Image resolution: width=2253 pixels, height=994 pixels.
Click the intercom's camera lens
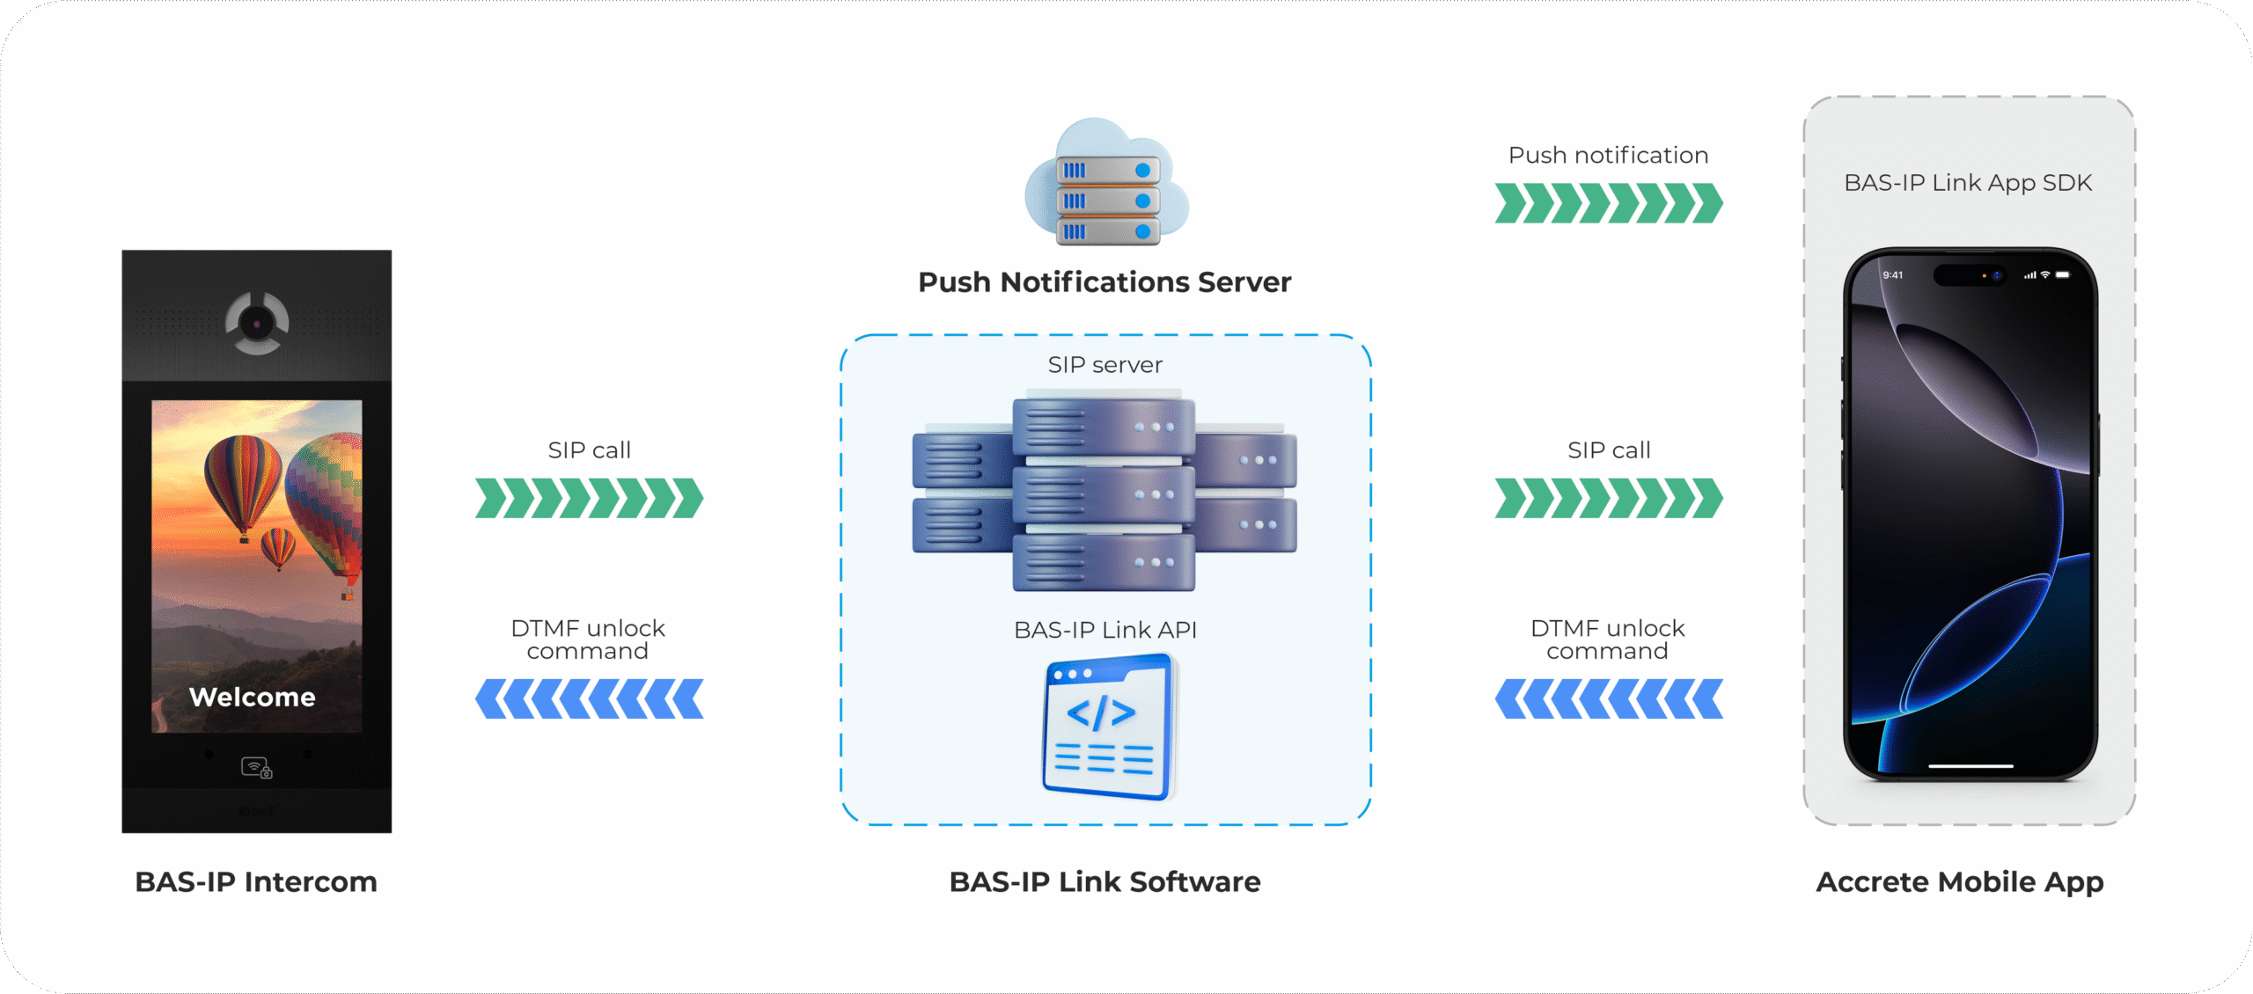(x=257, y=324)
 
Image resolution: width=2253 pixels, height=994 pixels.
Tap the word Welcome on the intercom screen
(x=253, y=697)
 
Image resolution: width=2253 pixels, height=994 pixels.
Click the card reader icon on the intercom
(x=256, y=768)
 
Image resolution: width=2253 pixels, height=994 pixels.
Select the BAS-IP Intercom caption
(x=256, y=881)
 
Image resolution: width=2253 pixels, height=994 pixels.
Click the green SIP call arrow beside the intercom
(x=589, y=499)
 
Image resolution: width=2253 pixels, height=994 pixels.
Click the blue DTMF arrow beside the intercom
(x=589, y=698)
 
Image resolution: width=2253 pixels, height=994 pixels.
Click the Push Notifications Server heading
(x=1104, y=282)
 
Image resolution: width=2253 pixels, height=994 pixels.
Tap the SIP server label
(x=1104, y=364)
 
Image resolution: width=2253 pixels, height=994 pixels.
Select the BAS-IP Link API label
(x=1104, y=630)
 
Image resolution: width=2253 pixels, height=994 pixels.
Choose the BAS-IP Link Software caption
(x=1104, y=881)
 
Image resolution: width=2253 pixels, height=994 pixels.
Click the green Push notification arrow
(x=1608, y=203)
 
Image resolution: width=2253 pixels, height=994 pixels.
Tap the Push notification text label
(x=1608, y=155)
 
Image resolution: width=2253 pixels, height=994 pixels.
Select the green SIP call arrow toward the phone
(x=1608, y=499)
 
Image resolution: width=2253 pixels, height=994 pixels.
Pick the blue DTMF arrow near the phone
(x=1608, y=698)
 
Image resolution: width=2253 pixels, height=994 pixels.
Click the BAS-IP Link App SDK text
(x=1968, y=183)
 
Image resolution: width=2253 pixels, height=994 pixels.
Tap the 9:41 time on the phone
(x=1892, y=275)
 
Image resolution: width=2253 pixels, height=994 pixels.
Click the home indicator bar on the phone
(x=1970, y=766)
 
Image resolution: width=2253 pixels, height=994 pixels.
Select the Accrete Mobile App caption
(x=1960, y=881)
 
